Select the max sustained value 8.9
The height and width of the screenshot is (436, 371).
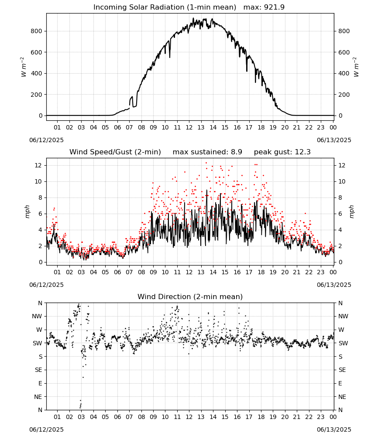236,152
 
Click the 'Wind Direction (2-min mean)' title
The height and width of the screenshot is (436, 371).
190,297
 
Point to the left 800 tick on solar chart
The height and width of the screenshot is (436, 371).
37,31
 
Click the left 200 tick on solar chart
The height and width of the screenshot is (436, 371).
37,95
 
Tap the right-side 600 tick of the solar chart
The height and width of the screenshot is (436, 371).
344,52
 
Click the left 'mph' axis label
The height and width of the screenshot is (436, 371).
27,211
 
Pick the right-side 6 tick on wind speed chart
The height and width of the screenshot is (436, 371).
340,214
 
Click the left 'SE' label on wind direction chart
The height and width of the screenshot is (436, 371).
38,370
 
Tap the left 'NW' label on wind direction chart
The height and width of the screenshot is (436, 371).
37,317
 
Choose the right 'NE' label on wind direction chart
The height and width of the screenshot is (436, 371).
342,397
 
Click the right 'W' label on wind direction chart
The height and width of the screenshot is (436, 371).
341,330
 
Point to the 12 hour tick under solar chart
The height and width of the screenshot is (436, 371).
189,128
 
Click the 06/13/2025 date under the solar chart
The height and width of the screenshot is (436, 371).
334,140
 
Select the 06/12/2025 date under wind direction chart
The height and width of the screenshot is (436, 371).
46,430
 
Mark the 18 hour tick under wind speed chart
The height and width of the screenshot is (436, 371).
261,272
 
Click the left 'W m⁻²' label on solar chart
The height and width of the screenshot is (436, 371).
24,67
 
